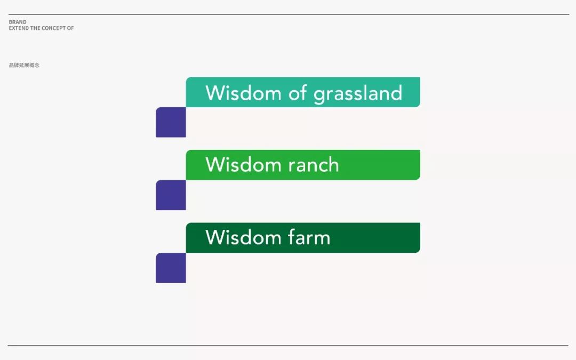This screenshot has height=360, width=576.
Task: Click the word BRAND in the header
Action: click(x=18, y=22)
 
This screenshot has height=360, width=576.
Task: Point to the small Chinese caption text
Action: click(x=24, y=65)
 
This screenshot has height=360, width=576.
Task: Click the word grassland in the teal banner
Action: click(x=358, y=94)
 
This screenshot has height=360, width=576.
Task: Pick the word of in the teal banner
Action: click(x=298, y=93)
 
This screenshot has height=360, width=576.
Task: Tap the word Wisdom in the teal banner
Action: click(x=243, y=93)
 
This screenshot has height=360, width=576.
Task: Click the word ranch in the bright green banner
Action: click(x=314, y=165)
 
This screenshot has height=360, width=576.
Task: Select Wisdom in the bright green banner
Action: click(x=243, y=165)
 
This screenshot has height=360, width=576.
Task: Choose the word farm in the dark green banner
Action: click(x=309, y=237)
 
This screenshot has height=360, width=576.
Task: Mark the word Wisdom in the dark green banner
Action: click(x=243, y=237)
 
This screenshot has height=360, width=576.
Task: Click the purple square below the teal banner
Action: click(x=171, y=122)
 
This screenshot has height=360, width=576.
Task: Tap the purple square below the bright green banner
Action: click(x=171, y=195)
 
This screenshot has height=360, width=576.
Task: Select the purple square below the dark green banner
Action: click(x=171, y=268)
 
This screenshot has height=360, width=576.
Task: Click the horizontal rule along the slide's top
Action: click(x=289, y=14)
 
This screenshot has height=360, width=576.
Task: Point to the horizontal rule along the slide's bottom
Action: click(x=288, y=345)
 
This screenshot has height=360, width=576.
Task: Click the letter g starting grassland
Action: click(x=319, y=96)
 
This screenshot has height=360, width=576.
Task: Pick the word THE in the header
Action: click(x=35, y=28)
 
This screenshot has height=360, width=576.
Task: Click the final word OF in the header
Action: click(x=70, y=28)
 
